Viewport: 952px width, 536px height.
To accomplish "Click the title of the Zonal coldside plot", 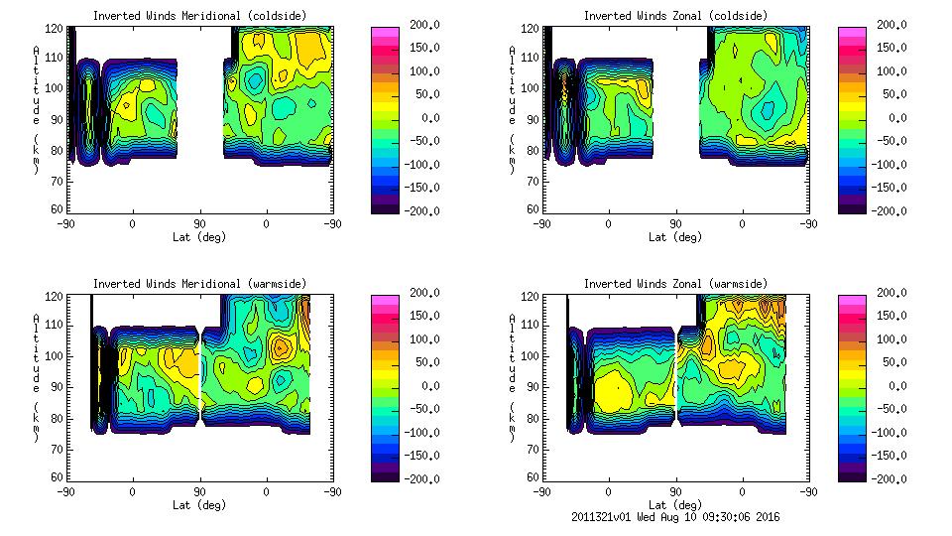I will pos(675,15).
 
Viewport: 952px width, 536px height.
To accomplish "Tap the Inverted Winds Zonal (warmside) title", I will pos(675,284).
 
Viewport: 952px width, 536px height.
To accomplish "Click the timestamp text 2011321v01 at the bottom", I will pos(603,517).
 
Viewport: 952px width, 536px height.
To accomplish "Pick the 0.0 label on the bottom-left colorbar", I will pos(426,386).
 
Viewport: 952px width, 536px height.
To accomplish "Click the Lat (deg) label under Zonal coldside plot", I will pos(675,237).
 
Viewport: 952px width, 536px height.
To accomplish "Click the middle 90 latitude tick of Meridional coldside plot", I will pos(199,224).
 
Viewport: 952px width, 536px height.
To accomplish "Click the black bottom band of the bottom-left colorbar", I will pos(384,476).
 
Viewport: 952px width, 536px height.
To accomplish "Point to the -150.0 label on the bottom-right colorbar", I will pos(886,456).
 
